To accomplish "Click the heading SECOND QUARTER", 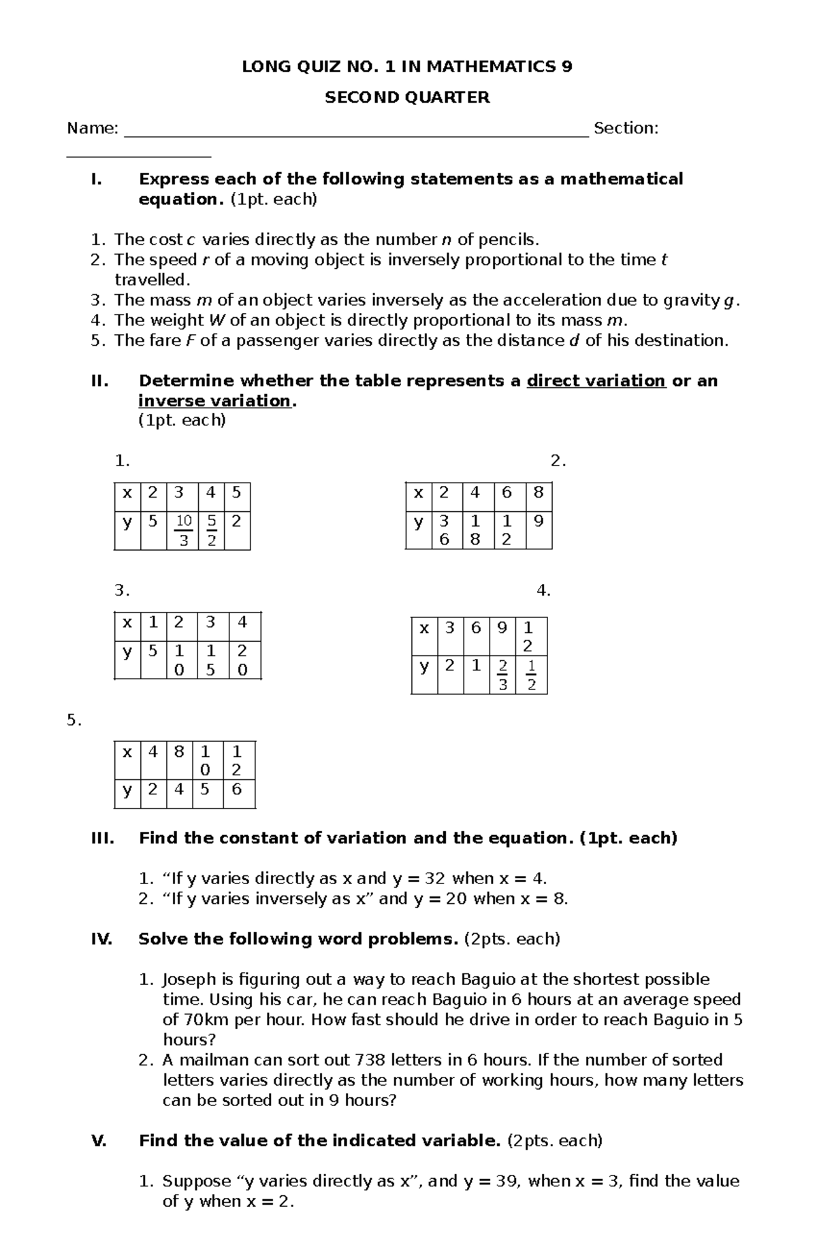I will tap(407, 98).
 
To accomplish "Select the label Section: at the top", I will tap(626, 129).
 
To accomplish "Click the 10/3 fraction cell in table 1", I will tap(183, 531).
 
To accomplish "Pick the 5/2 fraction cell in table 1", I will tap(212, 531).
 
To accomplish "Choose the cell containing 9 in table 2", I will tap(539, 522).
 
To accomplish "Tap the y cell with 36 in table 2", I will tap(444, 530).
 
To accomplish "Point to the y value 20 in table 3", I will tap(242, 660).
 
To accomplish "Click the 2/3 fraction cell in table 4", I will tap(502, 675).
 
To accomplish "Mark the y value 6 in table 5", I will tap(236, 790).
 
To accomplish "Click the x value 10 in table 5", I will tap(206, 760).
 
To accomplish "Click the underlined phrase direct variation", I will tap(596, 381).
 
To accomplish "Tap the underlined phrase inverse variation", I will tap(214, 401).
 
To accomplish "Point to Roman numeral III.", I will tap(102, 839).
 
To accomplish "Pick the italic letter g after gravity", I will tap(731, 301).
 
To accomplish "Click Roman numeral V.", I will tap(99, 1141).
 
